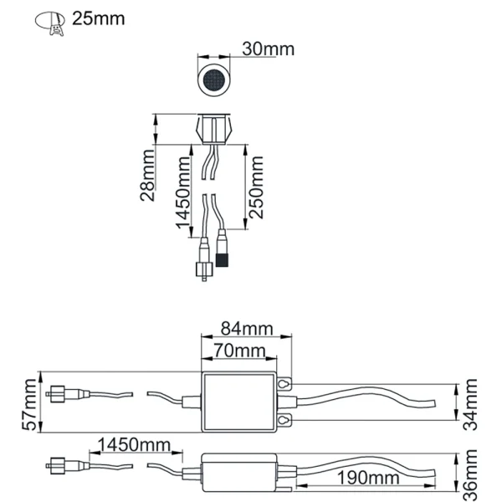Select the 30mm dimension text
point(268,49)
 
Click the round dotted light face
point(216,81)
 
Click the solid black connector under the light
point(223,254)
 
